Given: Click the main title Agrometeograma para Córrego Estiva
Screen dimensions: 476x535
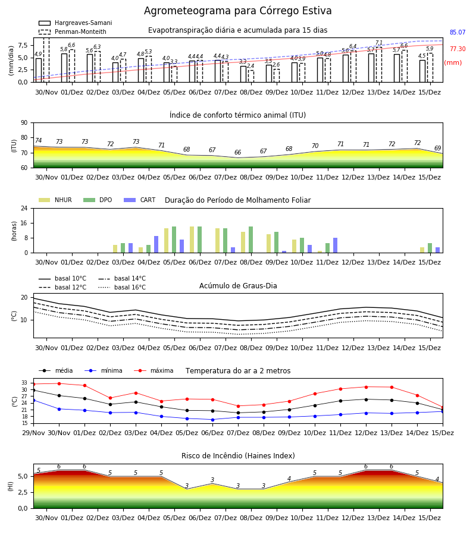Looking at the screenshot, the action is click(x=237, y=11).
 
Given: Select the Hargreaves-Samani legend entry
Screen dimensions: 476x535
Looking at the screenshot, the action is click(x=75, y=23).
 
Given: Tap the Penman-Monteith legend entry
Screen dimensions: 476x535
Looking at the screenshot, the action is click(x=73, y=32).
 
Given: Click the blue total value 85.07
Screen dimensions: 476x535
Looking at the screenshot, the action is click(x=458, y=33).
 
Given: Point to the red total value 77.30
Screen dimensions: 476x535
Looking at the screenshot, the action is click(x=458, y=49).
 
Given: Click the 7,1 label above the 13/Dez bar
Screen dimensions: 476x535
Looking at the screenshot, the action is click(x=379, y=43).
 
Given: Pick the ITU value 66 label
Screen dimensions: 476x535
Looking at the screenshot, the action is click(x=237, y=153).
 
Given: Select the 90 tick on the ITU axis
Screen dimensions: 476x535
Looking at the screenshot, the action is click(x=24, y=123).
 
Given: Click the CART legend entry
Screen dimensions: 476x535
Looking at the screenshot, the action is click(x=140, y=200).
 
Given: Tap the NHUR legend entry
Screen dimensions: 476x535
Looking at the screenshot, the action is click(x=55, y=200).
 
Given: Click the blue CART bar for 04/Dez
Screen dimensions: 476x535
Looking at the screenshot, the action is click(x=156, y=244).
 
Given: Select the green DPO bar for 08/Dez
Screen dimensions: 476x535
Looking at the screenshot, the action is click(x=250, y=240).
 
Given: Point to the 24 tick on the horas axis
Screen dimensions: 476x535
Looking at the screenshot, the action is click(x=24, y=208).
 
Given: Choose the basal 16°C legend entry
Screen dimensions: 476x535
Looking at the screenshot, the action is click(x=122, y=287).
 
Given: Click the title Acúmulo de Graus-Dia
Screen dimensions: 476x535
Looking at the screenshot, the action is click(x=238, y=285).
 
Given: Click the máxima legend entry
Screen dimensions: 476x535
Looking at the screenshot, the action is click(x=154, y=370).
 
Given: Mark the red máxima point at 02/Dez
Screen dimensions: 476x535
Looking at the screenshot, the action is click(x=110, y=398).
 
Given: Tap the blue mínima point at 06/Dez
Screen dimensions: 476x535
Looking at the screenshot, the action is click(x=213, y=420).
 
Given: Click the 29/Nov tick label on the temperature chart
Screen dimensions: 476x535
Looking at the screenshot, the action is click(x=33, y=433).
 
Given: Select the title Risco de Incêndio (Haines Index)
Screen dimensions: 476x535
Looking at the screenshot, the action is click(x=238, y=456).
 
